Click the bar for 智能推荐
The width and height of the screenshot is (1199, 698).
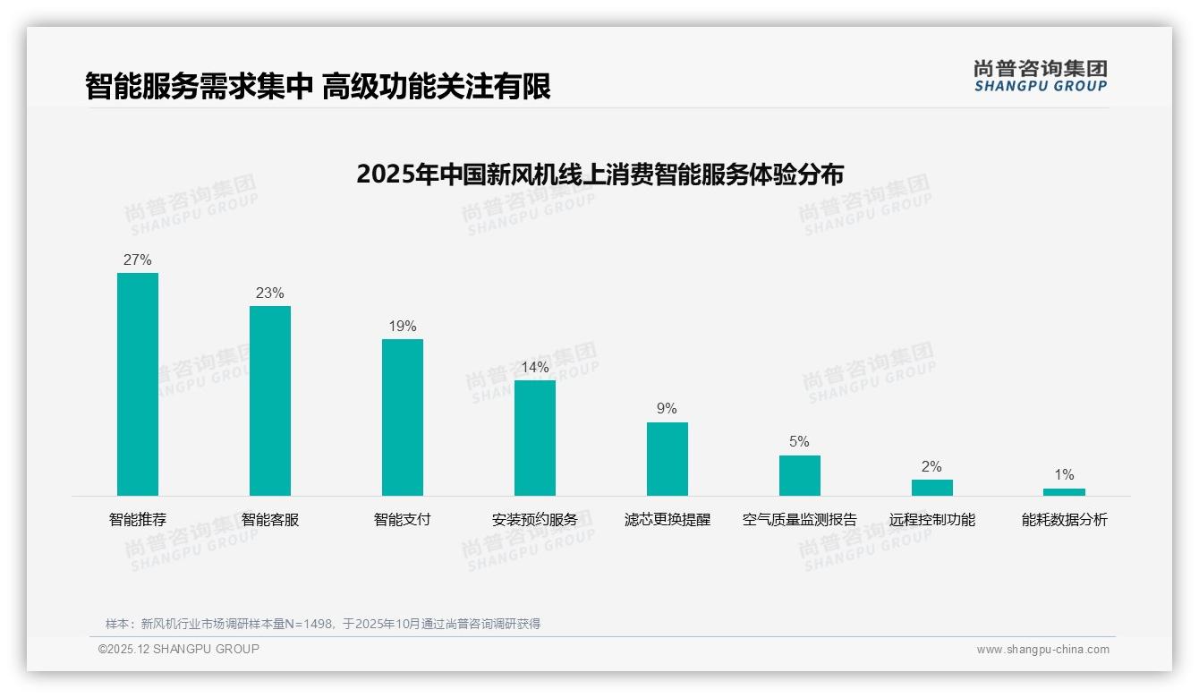138,384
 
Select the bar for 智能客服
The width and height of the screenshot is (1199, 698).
270,401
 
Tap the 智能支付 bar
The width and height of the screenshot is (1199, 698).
403,417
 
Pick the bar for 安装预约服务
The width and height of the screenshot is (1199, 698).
535,438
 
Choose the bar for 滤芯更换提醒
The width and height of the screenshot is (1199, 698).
668,459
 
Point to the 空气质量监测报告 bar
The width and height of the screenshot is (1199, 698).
800,475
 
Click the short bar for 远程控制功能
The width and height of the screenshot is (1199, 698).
932,488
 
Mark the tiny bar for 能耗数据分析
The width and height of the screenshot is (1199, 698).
1064,492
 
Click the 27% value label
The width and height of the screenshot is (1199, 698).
138,260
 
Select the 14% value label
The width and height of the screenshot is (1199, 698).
535,368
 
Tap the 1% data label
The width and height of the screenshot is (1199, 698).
1064,475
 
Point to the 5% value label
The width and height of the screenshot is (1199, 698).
800,442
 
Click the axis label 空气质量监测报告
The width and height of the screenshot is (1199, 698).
800,520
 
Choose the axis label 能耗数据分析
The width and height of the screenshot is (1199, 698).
1064,520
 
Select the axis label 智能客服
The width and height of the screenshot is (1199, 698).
270,520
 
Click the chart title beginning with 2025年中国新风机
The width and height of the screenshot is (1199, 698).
599,174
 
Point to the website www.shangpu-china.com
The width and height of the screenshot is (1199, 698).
1042,650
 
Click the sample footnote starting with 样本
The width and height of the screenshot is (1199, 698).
323,624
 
